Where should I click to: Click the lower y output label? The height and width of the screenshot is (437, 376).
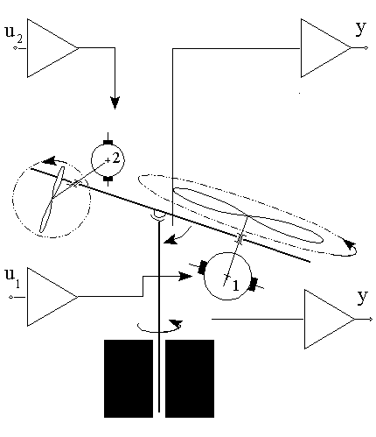(x=361, y=296)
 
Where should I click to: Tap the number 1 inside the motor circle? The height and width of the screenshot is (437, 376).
(x=233, y=285)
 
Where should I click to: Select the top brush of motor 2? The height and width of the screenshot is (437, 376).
(x=108, y=139)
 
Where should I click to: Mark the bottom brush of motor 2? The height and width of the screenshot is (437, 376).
(x=108, y=180)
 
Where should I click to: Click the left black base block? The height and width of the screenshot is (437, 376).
(x=128, y=377)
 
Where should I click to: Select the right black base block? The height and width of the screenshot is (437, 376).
(x=190, y=377)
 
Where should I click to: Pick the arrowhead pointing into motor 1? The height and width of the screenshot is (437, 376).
(x=186, y=276)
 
